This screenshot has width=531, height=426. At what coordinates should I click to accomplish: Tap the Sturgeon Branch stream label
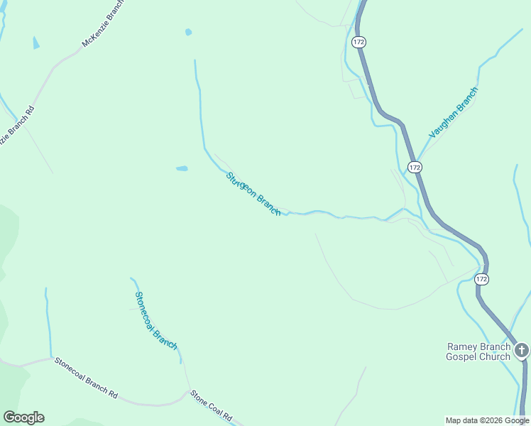pos(253,194)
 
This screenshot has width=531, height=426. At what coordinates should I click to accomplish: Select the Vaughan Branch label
pos(454,112)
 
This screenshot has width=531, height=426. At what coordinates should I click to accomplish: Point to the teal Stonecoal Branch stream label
pos(155,320)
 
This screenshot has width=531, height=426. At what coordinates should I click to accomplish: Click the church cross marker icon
pos(522,350)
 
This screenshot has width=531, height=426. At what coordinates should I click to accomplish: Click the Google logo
pos(23,417)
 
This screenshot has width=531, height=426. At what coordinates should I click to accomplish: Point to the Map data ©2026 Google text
pos(487,420)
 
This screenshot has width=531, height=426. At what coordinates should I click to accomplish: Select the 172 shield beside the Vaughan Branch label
pos(415,167)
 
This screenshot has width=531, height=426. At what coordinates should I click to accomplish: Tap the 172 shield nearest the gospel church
pos(482,279)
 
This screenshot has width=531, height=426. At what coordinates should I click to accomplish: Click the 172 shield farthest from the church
pos(358,43)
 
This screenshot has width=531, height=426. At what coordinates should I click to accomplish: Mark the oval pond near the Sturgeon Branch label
pos(182,169)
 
